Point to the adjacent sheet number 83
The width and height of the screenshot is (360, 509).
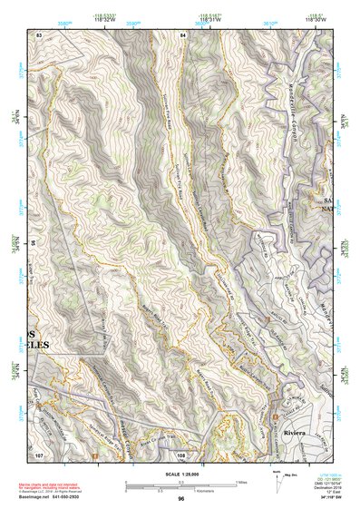coord(39,34)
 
